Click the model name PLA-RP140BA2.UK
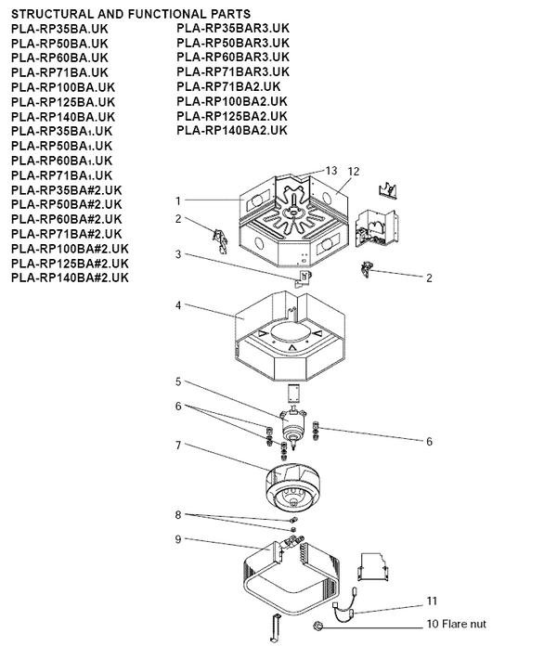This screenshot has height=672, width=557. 232,130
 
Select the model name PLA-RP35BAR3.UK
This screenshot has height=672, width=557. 233,28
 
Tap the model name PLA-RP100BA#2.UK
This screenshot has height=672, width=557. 70,249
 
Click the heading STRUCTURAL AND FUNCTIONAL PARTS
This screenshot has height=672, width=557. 131,14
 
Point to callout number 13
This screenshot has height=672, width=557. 331,171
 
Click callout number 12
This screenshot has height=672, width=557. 354,171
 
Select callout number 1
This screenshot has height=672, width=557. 178,200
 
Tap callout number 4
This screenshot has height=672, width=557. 178,305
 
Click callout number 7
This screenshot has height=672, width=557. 178,446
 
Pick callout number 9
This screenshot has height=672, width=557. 178,539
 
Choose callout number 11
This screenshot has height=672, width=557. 432,601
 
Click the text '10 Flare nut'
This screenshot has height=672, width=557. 456,624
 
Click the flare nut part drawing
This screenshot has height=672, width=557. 317,627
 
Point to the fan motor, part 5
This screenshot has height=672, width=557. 292,426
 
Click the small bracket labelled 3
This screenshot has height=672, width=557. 304,278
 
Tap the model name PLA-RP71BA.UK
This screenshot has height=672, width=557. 59,72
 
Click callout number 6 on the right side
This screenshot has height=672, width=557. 429,442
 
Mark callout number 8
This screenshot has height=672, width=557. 178,515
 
